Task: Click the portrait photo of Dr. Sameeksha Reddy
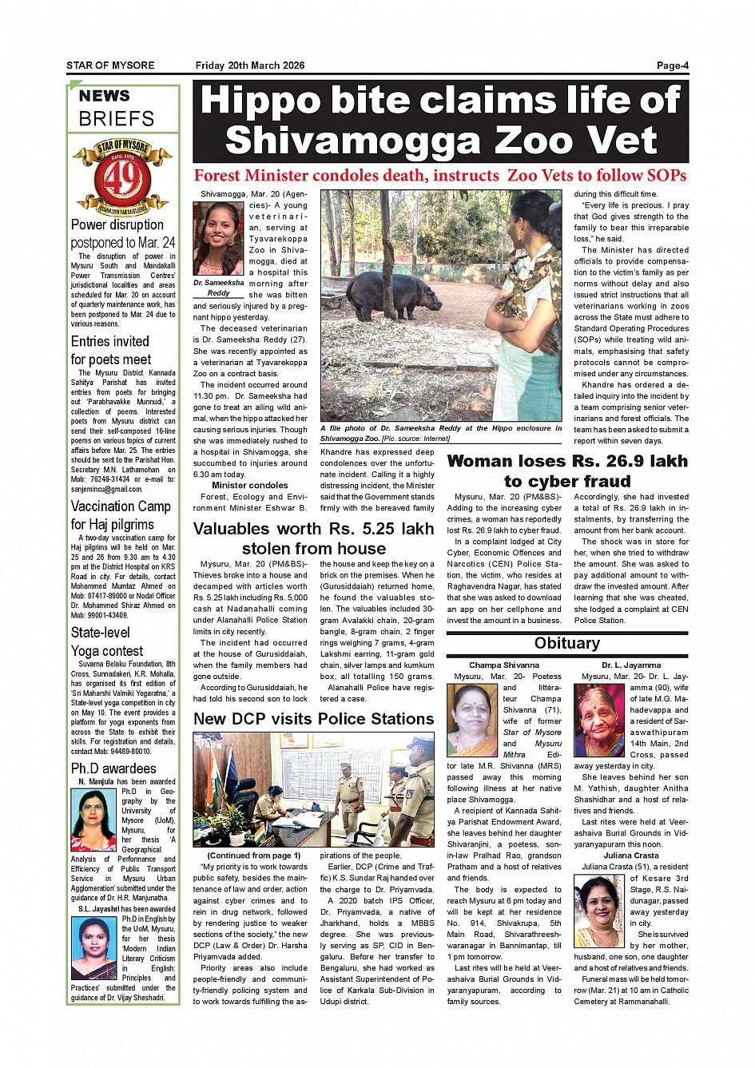218,239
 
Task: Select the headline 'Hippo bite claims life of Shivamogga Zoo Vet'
440,120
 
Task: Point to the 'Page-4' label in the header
673,66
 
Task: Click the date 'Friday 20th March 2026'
250,66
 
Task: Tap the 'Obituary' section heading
566,644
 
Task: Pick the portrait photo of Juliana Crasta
599,911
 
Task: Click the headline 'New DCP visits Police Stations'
313,719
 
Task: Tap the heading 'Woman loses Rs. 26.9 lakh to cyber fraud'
567,471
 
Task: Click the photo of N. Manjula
93,820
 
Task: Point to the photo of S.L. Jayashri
93,948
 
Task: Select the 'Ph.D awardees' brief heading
113,768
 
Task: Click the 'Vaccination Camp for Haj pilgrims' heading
121,515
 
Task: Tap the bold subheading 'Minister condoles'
250,485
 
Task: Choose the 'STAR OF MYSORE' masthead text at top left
110,66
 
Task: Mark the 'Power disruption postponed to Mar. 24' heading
122,233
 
